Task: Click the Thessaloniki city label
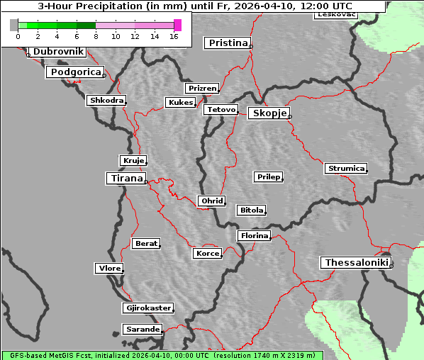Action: (x=357, y=263)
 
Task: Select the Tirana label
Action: (x=125, y=178)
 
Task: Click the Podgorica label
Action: (x=74, y=72)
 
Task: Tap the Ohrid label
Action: (x=212, y=201)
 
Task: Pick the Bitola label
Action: (x=252, y=210)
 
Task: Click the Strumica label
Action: (x=346, y=169)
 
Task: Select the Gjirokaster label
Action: (x=147, y=308)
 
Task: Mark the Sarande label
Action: (x=142, y=330)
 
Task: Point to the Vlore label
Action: (x=109, y=269)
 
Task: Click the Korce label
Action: (x=208, y=253)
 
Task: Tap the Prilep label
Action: (x=269, y=176)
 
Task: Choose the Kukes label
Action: (x=180, y=103)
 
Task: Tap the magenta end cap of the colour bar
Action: (x=177, y=25)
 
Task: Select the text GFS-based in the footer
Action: (x=23, y=355)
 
